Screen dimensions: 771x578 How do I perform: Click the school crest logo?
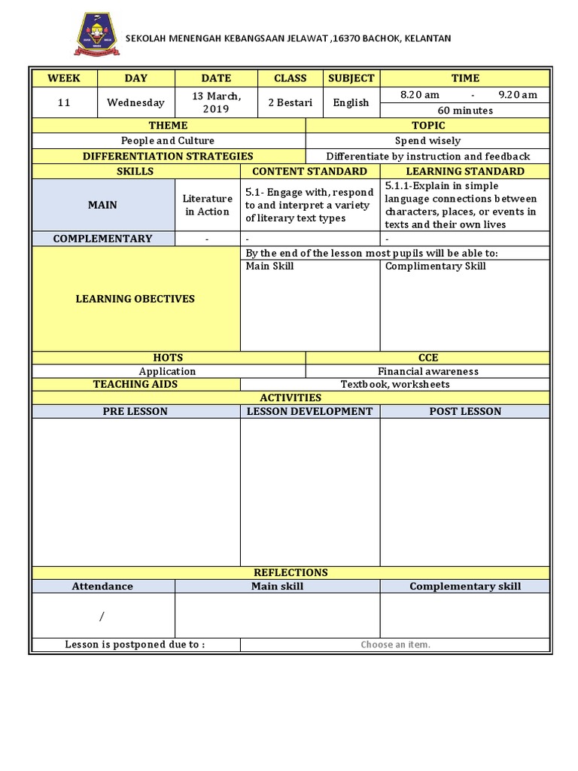click(x=96, y=38)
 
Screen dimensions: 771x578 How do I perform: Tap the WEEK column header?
click(x=64, y=78)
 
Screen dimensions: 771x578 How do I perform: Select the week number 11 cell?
click(x=64, y=102)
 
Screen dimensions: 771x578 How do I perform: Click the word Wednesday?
click(x=135, y=102)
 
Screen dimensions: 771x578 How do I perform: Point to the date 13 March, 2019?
click(x=216, y=102)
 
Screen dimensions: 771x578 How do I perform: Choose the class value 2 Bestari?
click(x=290, y=102)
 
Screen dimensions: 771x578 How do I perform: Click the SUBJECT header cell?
click(x=351, y=78)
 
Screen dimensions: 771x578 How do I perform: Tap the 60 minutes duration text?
click(x=464, y=111)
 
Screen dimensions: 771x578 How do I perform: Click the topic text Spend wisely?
click(x=427, y=141)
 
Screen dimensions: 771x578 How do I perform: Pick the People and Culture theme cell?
click(x=168, y=141)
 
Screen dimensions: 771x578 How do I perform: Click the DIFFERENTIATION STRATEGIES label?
click(x=168, y=156)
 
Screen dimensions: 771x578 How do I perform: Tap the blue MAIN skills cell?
click(x=102, y=205)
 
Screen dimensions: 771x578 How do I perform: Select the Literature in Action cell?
click(x=207, y=205)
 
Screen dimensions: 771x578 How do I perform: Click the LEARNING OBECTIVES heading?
click(x=135, y=299)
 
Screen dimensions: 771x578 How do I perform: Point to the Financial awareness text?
click(x=427, y=371)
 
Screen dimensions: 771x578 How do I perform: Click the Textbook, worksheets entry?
click(x=395, y=384)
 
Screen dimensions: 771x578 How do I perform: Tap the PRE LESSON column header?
click(x=135, y=411)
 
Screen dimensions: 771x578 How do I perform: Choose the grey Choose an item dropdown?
click(x=395, y=645)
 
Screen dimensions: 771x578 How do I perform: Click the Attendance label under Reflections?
click(x=102, y=586)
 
